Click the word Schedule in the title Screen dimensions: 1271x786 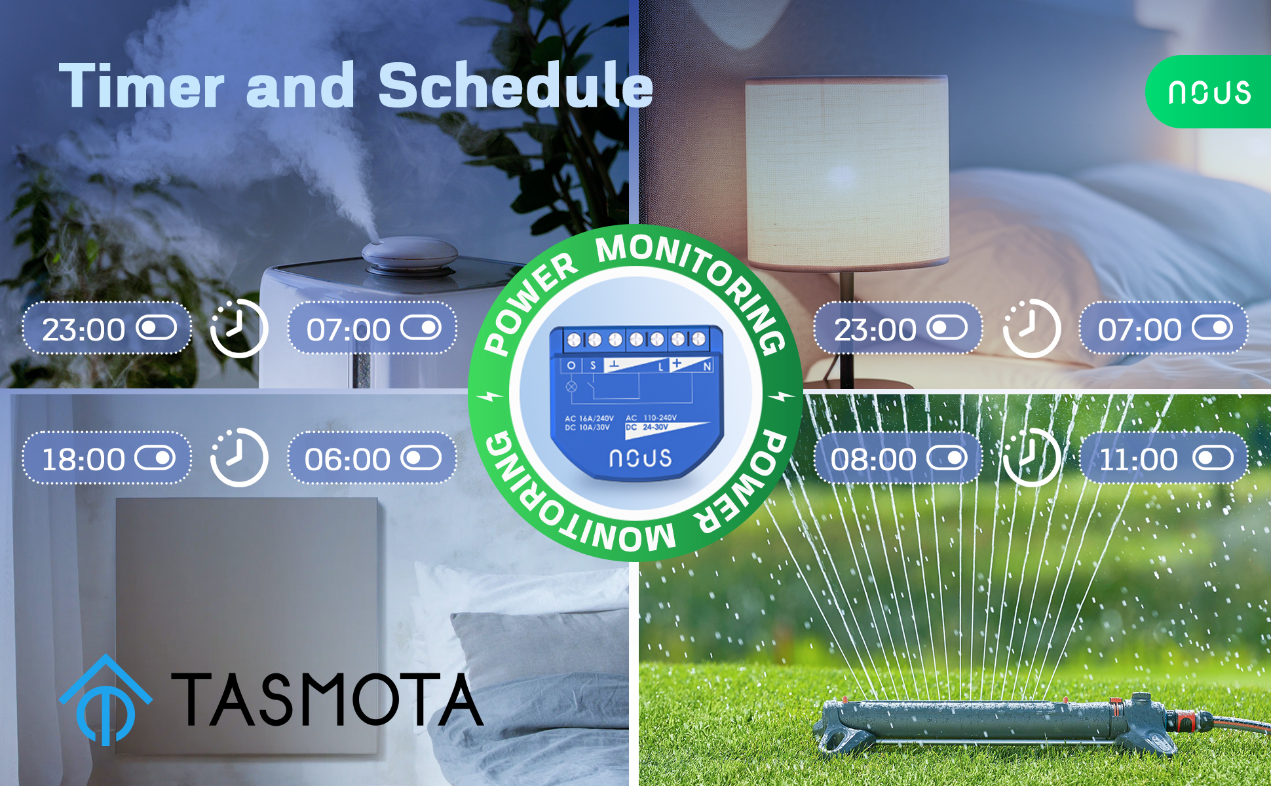tap(516, 85)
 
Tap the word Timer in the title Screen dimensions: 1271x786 tap(142, 85)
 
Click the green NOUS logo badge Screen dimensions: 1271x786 tap(1209, 92)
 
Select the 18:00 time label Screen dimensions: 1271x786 tap(83, 459)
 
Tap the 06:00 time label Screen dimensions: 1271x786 tap(347, 459)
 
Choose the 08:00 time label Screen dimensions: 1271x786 tap(873, 459)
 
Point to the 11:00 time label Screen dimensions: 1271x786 tap(1139, 459)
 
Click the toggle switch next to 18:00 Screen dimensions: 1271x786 tap(155, 458)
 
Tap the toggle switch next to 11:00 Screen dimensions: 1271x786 tap(1213, 458)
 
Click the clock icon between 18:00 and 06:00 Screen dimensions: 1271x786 tap(238, 457)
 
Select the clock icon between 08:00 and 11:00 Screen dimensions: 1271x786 tap(1031, 457)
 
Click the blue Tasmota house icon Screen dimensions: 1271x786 tap(105, 700)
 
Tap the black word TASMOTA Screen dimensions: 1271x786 tap(327, 699)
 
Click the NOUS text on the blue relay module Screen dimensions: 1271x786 tap(640, 458)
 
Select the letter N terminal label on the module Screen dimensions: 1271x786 tap(708, 366)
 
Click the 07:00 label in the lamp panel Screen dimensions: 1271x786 tap(1139, 329)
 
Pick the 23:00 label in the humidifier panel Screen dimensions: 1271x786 tap(83, 329)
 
